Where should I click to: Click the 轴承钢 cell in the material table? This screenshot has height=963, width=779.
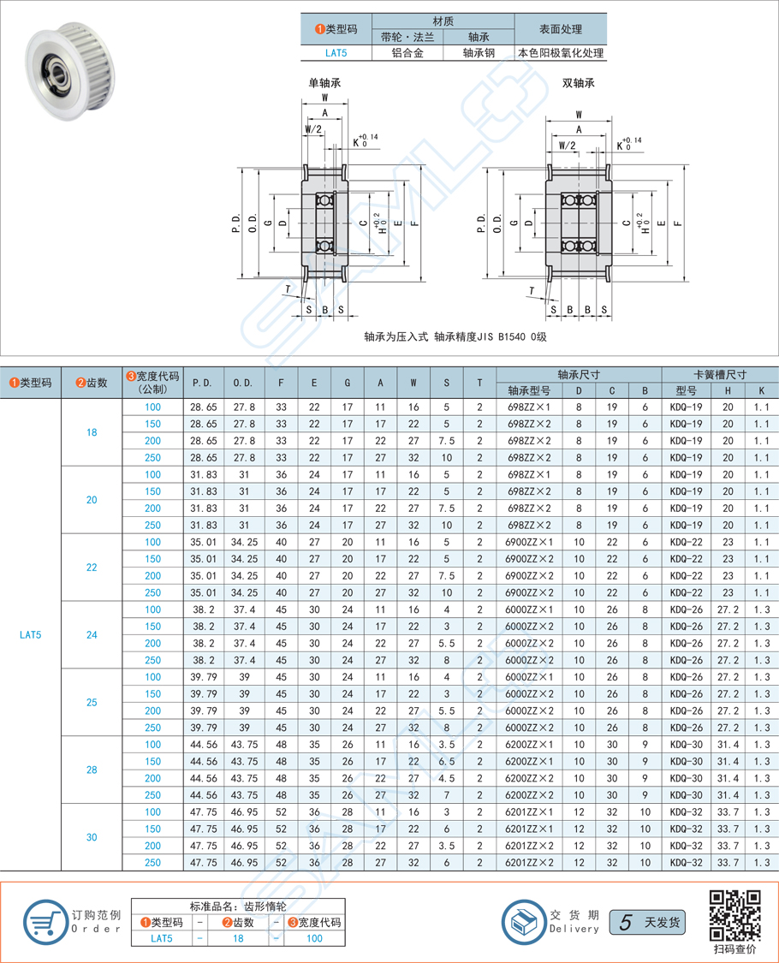pos(479,52)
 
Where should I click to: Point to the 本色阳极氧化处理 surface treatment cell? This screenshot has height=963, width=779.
pos(561,52)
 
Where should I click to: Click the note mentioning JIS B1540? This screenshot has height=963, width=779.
pos(455,336)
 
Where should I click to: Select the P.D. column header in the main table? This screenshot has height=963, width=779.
pos(203,383)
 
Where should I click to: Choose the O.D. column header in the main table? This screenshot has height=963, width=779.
pos(243,383)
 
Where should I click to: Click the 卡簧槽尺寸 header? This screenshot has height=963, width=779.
pos(720,374)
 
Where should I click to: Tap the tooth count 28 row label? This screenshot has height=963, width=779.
pos(92,770)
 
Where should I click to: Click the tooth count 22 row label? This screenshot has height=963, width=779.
pos(92,568)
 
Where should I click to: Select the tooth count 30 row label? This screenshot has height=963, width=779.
pos(92,837)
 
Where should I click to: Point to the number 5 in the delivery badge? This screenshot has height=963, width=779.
pos(627,922)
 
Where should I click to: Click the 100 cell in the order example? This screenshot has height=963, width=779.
pos(314,938)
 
